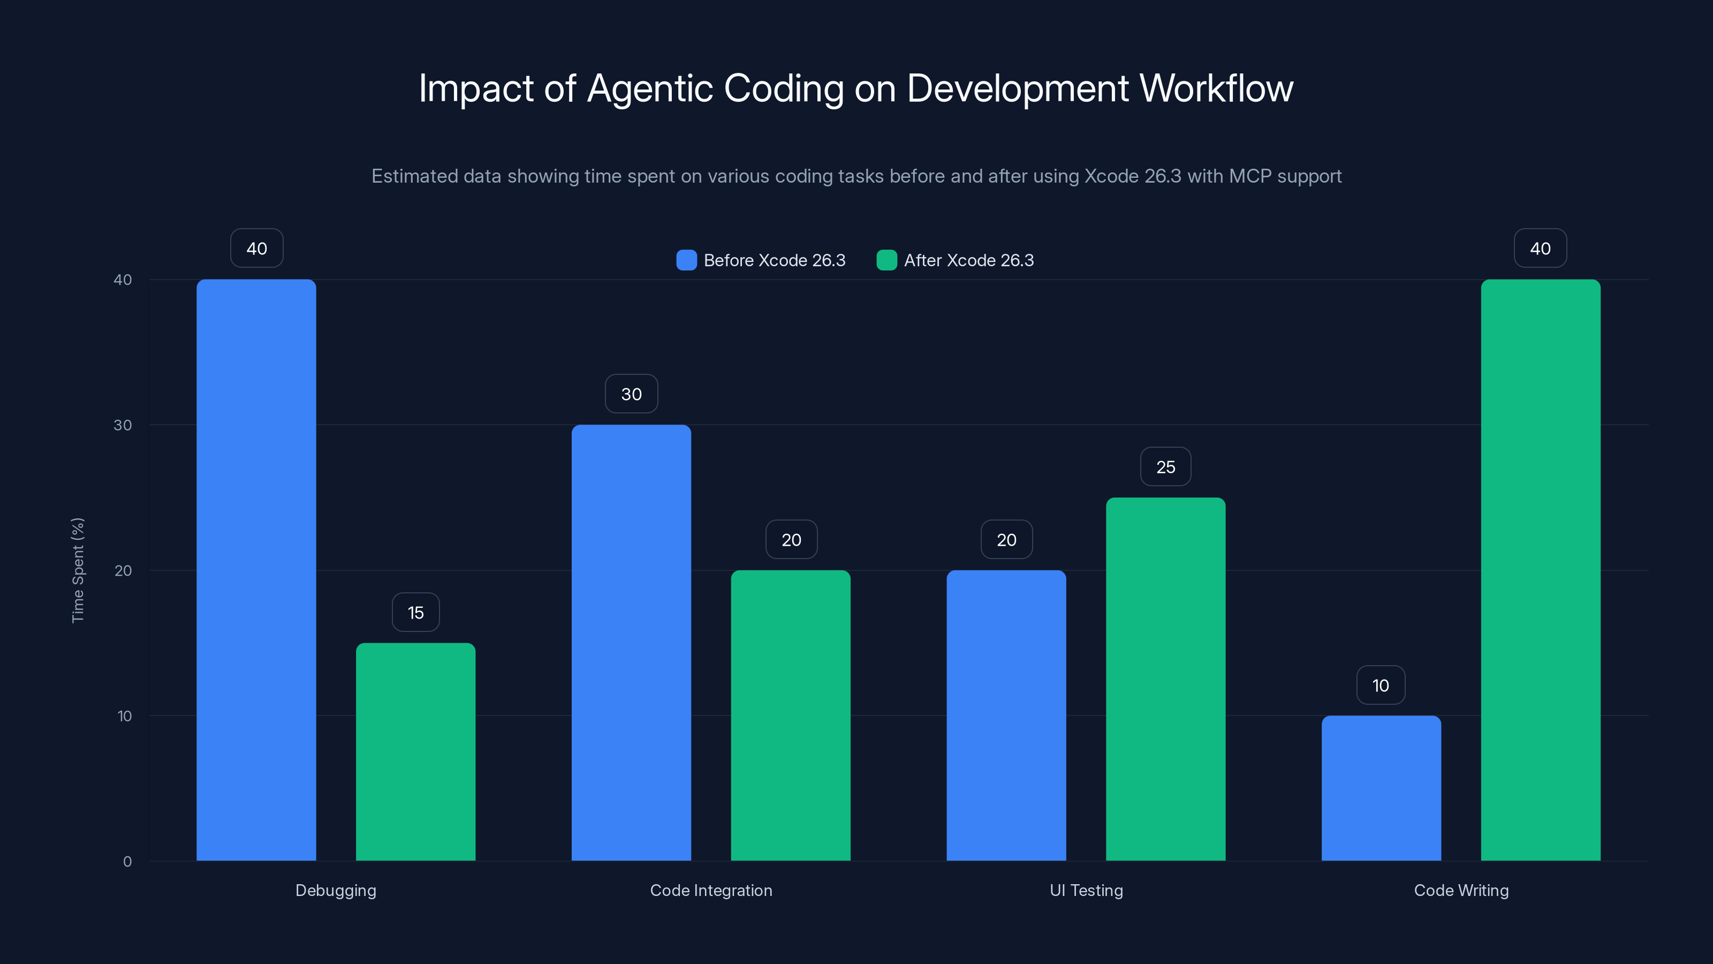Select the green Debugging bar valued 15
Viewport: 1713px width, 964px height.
tap(415, 752)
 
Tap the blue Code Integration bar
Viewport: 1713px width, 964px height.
tap(631, 643)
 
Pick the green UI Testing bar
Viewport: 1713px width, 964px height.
tap(1165, 679)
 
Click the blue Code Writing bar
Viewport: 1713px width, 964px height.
tap(1381, 788)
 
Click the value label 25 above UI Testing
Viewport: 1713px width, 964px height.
tap(1165, 467)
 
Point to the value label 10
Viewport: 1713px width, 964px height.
tap(1381, 686)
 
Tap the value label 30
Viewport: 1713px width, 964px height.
tap(631, 394)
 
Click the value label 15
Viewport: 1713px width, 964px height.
tap(415, 613)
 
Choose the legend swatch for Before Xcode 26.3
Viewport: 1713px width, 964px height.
tap(686, 260)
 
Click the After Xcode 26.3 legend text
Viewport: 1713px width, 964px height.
tap(968, 260)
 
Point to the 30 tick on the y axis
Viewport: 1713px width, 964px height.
tap(123, 425)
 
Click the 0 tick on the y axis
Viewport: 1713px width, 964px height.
tap(127, 862)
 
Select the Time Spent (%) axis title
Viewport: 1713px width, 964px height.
tap(78, 570)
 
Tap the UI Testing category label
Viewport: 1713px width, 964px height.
tap(1086, 890)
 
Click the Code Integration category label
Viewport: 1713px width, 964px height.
tap(711, 890)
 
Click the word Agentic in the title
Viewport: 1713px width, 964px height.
tap(650, 88)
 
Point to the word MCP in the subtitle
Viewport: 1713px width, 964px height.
tap(1249, 176)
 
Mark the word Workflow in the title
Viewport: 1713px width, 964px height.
tap(1216, 88)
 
